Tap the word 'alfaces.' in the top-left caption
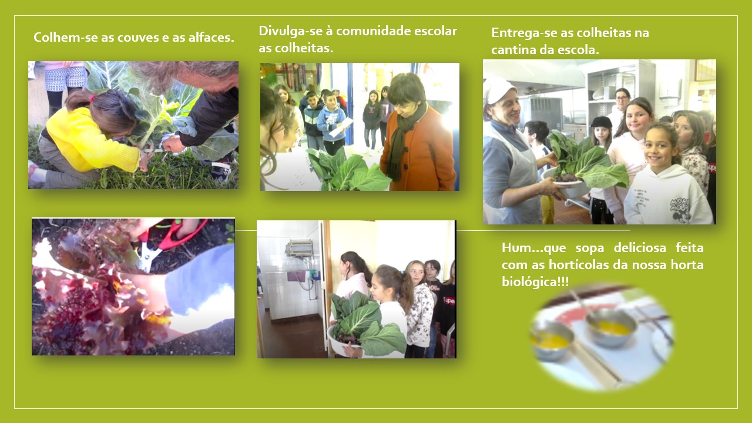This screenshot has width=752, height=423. point(211,37)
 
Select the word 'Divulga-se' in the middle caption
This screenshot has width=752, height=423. point(286,31)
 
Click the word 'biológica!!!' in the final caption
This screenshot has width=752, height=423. point(535,281)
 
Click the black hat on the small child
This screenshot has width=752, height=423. point(601,122)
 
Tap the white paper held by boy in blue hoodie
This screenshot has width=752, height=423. point(341,127)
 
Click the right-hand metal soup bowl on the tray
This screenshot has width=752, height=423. point(610,327)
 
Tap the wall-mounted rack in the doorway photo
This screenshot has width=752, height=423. point(299,248)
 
